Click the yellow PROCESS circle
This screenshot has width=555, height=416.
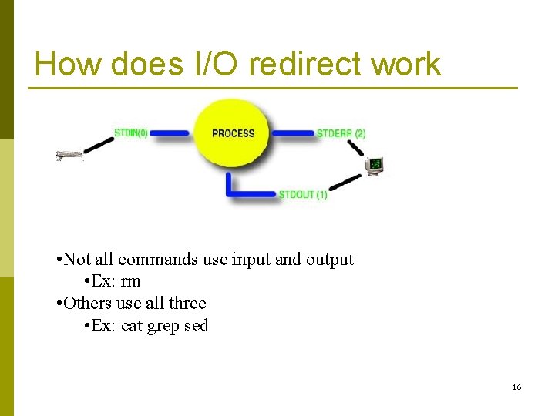pyautogui.click(x=232, y=133)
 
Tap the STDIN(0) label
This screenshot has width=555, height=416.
pyautogui.click(x=133, y=133)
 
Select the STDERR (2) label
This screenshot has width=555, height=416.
pyautogui.click(x=341, y=133)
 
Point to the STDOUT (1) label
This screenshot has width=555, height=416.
pyautogui.click(x=303, y=195)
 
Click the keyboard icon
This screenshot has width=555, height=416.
pyautogui.click(x=69, y=156)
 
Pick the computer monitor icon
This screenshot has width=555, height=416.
pyautogui.click(x=375, y=166)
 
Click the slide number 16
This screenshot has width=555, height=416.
pyautogui.click(x=516, y=387)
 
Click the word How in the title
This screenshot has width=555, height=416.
pyautogui.click(x=69, y=64)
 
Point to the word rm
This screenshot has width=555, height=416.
pyautogui.click(x=130, y=281)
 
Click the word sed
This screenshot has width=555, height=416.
pyautogui.click(x=197, y=326)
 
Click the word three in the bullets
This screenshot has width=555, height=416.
pyautogui.click(x=187, y=304)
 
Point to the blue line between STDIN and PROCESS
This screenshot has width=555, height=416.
pyautogui.click(x=170, y=133)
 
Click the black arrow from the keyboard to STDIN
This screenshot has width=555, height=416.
pyautogui.click(x=99, y=144)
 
